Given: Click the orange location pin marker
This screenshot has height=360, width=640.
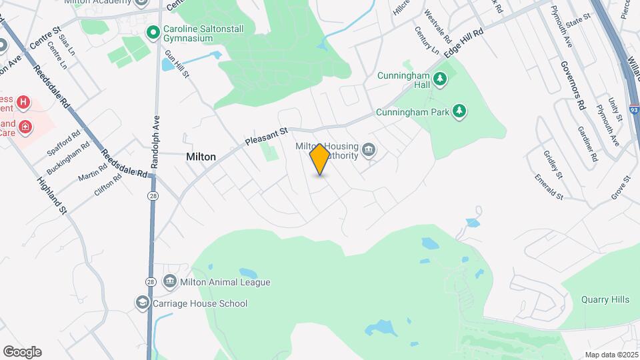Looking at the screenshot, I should pos(320,159).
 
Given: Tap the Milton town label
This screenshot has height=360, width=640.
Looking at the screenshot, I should pos(201,157).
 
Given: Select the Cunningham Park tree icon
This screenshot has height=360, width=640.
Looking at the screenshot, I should pos(459,112).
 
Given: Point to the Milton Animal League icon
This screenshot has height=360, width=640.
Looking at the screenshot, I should pos(169,282).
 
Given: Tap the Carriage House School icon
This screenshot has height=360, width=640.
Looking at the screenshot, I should pos(141,303).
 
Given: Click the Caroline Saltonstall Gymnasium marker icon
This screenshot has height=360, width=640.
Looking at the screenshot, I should pos(153,31).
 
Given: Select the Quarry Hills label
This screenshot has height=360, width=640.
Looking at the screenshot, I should pos(605,300).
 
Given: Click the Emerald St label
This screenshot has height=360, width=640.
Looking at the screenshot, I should pos(549,187).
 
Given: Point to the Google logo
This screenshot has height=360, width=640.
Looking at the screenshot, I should pos(22,352).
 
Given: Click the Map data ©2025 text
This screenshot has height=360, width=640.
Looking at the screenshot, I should pos(610,355).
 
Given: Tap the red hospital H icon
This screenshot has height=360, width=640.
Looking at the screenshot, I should pos(23,102).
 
